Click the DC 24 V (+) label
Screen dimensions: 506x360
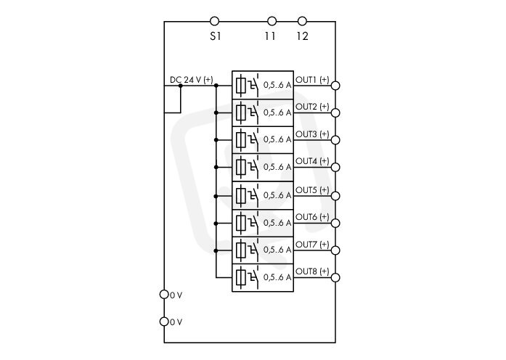coord(192,79)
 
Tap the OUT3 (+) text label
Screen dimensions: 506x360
coord(312,134)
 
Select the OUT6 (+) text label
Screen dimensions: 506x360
coord(312,217)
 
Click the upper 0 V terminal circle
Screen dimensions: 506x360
coord(164,294)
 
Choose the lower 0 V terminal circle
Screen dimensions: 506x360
coord(164,322)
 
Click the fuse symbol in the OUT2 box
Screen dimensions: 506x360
coord(240,112)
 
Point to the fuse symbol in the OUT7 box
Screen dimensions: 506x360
coord(240,250)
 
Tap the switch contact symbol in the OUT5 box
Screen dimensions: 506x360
coord(253,195)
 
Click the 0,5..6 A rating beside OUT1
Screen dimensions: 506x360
coord(277,85)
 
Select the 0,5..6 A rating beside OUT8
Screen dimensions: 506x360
coord(277,277)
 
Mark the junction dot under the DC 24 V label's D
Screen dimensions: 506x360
coord(181,86)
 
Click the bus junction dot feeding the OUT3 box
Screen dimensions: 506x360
coord(216,140)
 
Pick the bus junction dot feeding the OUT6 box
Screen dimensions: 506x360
coord(216,224)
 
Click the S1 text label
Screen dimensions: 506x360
coord(216,36)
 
